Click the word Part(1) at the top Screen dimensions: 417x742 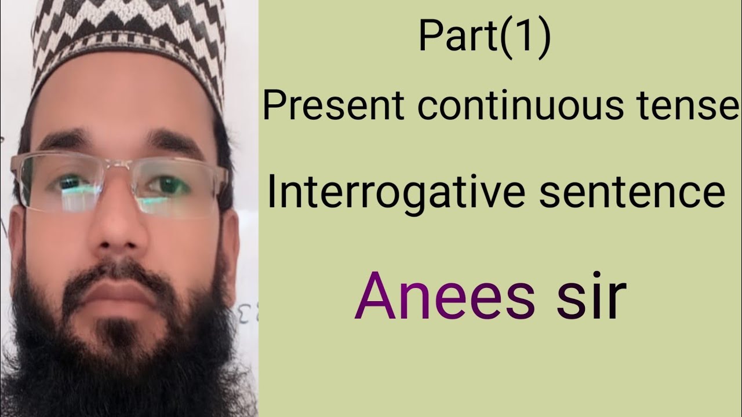click(484, 38)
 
